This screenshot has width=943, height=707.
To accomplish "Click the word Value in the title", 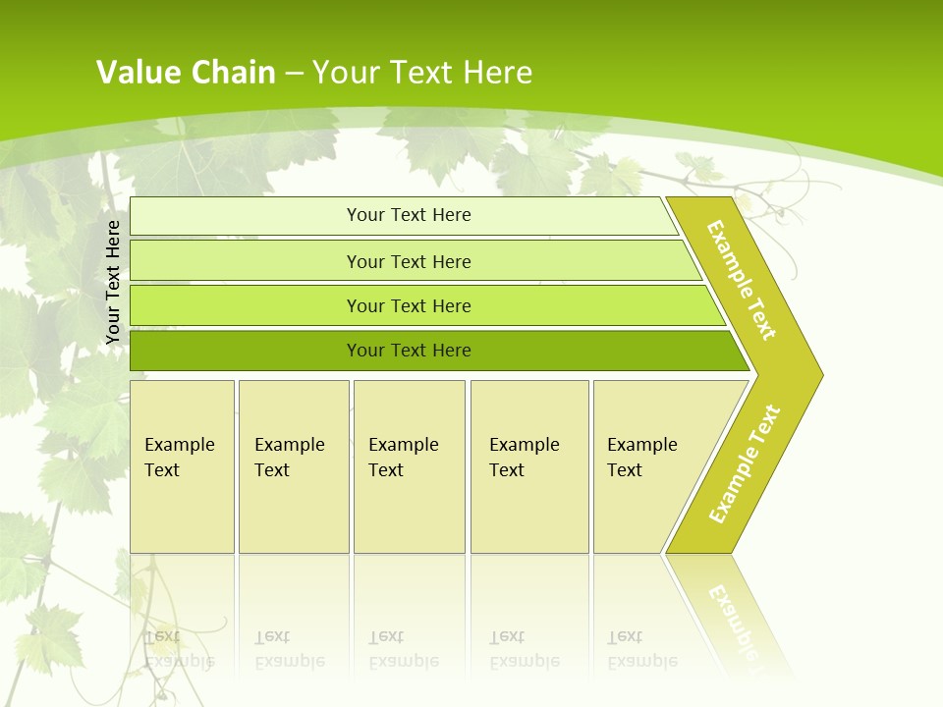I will tap(136, 73).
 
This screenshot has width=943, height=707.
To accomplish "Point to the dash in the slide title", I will tap(294, 74).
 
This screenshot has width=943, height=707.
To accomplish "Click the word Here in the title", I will tap(497, 73).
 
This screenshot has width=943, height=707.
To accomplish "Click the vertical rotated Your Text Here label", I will tap(113, 282).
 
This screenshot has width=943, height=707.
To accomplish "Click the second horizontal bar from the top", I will tap(409, 261).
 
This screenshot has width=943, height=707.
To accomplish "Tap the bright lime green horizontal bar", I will tap(409, 305).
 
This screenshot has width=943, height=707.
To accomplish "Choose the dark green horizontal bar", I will tap(409, 351).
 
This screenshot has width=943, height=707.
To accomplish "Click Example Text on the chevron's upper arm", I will tap(742, 279).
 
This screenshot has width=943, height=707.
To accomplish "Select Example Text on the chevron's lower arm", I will tap(744, 464).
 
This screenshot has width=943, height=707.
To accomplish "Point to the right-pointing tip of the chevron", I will tap(817, 374).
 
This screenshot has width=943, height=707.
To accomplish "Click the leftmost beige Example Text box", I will tap(182, 466).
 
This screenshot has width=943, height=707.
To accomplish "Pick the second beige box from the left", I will tap(293, 466).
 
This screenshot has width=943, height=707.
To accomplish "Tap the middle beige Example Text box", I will tap(409, 466).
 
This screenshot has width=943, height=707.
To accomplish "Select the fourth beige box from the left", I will tap(529, 466).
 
